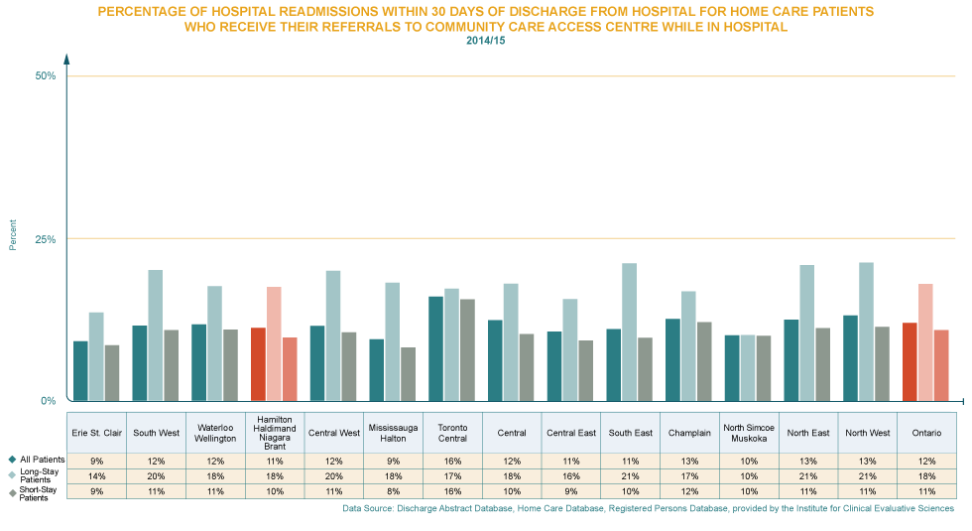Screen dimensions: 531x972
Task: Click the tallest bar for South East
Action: [x=630, y=332]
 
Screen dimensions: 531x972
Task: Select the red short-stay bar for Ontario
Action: [x=910, y=361]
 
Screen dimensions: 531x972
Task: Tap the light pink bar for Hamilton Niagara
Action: [x=274, y=343]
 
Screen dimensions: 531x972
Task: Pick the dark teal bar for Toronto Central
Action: [x=435, y=347]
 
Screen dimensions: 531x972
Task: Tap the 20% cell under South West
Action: [x=157, y=476]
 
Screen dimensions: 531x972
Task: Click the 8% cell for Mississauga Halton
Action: [x=394, y=490]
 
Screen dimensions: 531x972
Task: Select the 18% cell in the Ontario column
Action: [x=926, y=476]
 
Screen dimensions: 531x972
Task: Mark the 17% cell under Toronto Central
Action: [x=452, y=476]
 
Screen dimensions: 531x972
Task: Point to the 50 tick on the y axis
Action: [x=46, y=79]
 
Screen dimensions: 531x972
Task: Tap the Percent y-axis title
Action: [x=13, y=240]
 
